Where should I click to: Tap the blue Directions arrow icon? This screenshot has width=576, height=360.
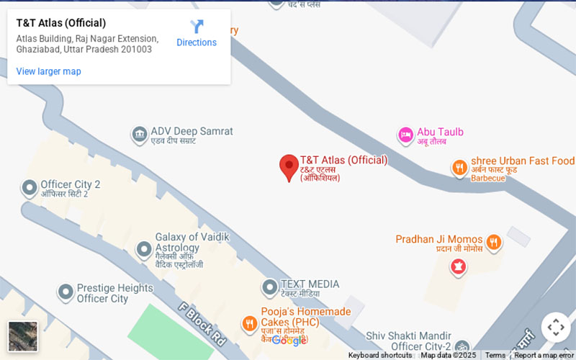pyautogui.click(x=197, y=27)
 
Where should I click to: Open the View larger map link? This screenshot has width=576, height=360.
pyautogui.click(x=48, y=71)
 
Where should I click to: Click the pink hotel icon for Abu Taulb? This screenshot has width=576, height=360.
pyautogui.click(x=405, y=134)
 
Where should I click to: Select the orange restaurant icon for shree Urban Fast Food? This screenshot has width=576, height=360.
pyautogui.click(x=459, y=168)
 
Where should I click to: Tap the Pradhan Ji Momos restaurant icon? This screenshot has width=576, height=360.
pyautogui.click(x=493, y=242)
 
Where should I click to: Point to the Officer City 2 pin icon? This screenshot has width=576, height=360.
pyautogui.click(x=30, y=189)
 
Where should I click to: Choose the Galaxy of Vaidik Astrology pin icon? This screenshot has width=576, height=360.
pyautogui.click(x=144, y=250)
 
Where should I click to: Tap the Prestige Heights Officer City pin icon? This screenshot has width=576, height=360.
pyautogui.click(x=66, y=292)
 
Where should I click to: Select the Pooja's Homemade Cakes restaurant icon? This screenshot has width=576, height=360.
pyautogui.click(x=249, y=323)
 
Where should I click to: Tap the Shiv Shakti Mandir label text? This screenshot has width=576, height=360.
pyautogui.click(x=408, y=336)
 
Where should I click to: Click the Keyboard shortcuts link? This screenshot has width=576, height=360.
pyautogui.click(x=379, y=355)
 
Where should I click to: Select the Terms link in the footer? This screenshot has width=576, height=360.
pyautogui.click(x=495, y=355)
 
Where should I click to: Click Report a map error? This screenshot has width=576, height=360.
pyautogui.click(x=544, y=355)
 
